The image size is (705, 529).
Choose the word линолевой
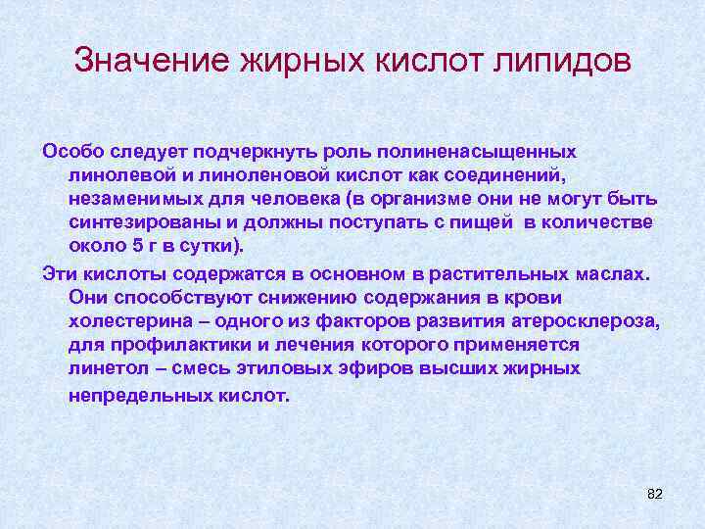120,174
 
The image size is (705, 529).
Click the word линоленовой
257,174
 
